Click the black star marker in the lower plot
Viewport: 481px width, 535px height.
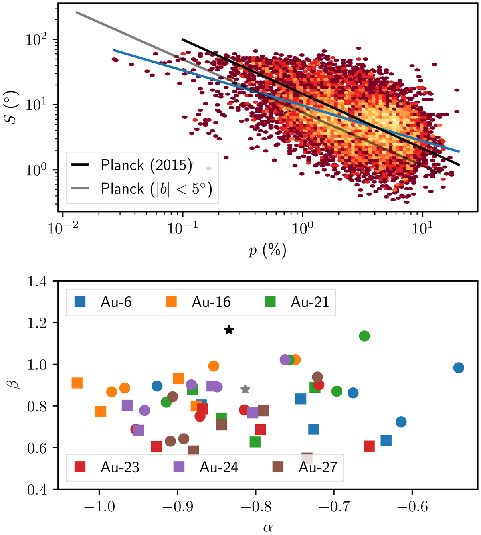pos(229,330)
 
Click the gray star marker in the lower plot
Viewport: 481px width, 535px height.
pos(245,389)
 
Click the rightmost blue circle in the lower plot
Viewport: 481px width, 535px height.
pos(459,368)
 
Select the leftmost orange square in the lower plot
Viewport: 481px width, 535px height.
pos(77,383)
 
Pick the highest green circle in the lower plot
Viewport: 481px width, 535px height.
pos(364,336)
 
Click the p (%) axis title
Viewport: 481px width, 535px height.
pos(267,251)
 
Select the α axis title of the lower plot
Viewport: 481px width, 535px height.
pos(268,527)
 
